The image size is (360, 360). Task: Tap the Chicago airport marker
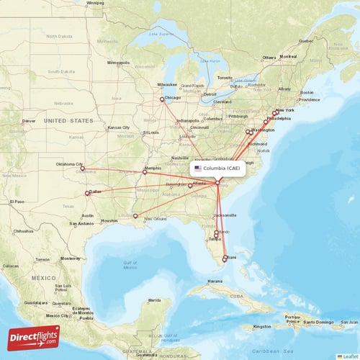click(162, 99)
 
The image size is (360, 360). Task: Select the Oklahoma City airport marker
click(82, 168)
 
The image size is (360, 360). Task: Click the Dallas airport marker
click(87, 193)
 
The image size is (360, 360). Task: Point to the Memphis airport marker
click(145, 171)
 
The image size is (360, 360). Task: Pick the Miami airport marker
click(224, 259)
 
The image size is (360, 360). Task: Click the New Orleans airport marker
click(135, 215)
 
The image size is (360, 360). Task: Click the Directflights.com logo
click(34, 337)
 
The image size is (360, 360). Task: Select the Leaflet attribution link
click(351, 356)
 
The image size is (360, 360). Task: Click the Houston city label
click(109, 220)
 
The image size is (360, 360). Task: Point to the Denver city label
click(29, 121)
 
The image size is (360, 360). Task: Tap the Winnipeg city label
click(94, 3)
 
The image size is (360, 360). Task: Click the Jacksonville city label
click(224, 215)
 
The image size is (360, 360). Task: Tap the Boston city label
click(307, 92)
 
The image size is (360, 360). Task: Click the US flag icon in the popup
click(197, 168)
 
